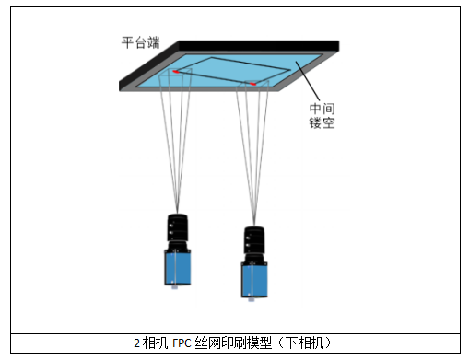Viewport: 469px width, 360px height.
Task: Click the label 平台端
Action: (140, 42)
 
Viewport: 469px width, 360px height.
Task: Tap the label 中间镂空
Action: (322, 116)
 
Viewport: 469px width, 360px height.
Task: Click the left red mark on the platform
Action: (176, 72)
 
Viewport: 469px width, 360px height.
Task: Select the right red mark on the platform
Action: (252, 84)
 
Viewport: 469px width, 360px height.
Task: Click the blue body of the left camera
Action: (178, 267)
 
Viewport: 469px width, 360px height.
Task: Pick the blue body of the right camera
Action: (254, 280)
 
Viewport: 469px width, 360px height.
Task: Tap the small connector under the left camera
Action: (174, 287)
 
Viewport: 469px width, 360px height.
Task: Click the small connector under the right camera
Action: (252, 300)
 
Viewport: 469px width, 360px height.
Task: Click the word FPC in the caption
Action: (182, 343)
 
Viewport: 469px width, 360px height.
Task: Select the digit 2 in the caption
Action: (137, 343)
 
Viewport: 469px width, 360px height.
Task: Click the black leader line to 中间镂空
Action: (308, 81)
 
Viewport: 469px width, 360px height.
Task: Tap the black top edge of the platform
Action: (259, 46)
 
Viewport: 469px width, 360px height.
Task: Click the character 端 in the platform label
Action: (154, 42)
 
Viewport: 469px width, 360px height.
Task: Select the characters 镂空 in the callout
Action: (322, 122)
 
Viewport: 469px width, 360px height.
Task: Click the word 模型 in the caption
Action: (260, 343)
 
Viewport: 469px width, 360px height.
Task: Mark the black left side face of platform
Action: (149, 66)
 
